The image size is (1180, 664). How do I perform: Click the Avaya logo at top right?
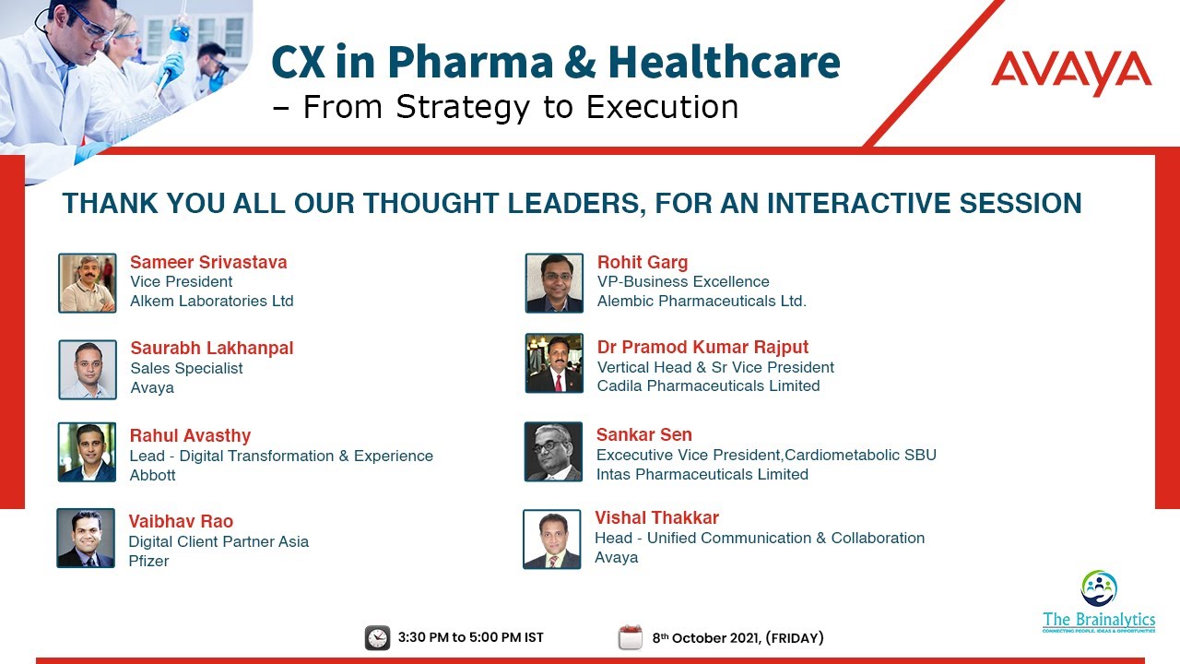1071,73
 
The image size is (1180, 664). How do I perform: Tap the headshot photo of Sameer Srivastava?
88,283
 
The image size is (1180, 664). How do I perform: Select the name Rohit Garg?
643,262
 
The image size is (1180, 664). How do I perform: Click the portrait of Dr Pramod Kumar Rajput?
554,363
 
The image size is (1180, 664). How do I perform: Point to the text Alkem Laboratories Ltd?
212,301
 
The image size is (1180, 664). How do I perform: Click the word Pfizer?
148,561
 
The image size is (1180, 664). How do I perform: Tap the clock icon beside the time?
377,637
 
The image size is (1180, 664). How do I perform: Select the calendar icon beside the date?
631,637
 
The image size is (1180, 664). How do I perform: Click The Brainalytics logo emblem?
1099,588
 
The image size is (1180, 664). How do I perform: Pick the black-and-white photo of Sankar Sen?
553,452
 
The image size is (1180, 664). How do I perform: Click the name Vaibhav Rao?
181,521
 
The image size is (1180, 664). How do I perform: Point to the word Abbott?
153,475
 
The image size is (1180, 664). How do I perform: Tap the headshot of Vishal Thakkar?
552,539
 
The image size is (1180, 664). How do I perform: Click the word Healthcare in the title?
724,62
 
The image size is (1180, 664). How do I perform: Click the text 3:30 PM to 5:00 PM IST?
470,638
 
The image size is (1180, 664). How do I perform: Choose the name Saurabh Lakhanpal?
212,348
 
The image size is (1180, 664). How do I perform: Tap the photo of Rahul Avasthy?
88,452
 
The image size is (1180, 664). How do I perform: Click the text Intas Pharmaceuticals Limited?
702,474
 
